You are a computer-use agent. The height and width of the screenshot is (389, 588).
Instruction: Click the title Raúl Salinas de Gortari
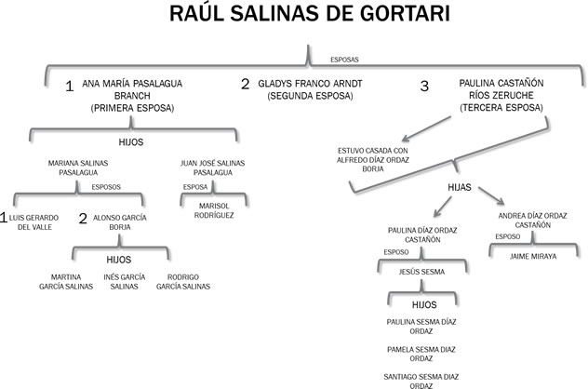coord(294,18)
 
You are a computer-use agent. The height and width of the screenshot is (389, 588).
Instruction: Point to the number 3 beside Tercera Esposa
coord(424,87)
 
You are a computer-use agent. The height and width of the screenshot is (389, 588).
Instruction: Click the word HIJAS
coord(458,188)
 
